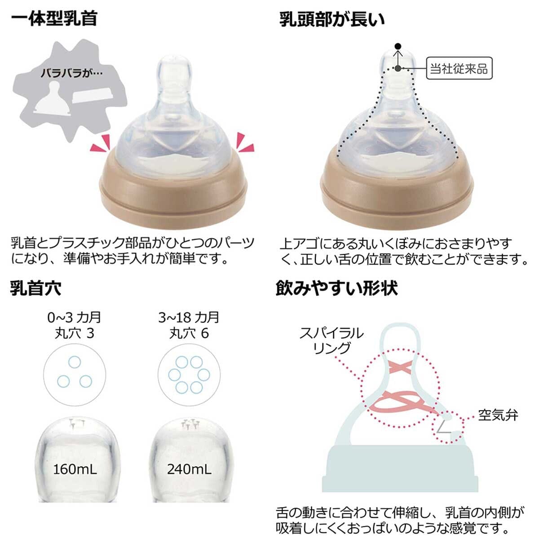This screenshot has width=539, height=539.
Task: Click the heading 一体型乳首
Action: coord(54,19)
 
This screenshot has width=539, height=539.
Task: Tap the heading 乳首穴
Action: coord(35,288)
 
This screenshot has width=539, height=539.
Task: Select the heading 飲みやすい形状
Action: coord(336,288)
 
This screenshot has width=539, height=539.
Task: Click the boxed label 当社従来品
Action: coord(459,69)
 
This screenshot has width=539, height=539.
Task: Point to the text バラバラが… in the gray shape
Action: coord(72,73)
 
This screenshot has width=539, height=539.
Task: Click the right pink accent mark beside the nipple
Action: coord(245,142)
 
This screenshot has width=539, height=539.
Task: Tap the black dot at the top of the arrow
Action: coord(397,46)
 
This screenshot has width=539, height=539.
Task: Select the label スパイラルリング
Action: coord(331,340)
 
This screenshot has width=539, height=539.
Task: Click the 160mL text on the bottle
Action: coord(75,469)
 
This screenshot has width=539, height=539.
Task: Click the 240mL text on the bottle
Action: coord(189,469)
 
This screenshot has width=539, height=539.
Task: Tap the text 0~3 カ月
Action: coord(74,318)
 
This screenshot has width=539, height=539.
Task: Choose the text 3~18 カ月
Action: coord(189,318)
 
